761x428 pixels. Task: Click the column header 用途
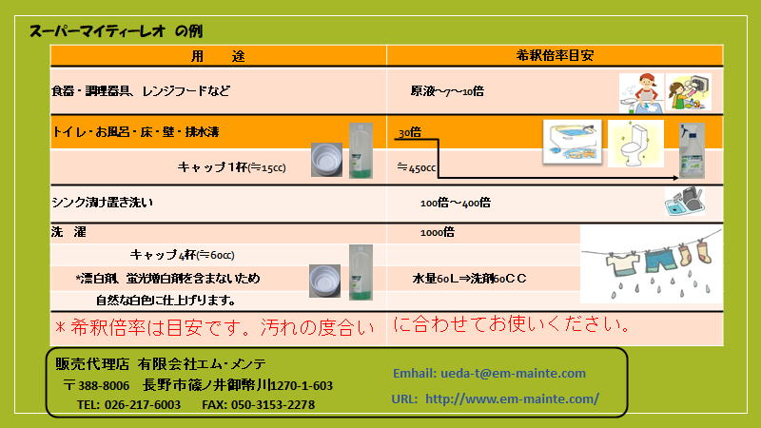218,56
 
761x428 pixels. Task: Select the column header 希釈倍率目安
555,55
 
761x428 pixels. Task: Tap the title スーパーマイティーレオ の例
116,31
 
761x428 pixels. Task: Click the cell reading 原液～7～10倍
447,91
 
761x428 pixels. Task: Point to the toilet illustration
635,144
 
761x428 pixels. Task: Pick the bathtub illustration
573,142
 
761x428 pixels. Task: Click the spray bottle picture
692,151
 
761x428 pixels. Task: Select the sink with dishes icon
685,202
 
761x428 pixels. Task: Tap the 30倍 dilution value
410,132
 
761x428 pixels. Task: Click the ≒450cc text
417,168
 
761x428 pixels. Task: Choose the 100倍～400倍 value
456,203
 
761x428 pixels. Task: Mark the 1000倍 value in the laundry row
438,232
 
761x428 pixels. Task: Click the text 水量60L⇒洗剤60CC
469,279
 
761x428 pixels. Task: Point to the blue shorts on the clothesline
660,260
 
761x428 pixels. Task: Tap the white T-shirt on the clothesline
623,264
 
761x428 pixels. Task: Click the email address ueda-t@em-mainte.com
513,374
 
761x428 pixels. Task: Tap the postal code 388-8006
104,386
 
